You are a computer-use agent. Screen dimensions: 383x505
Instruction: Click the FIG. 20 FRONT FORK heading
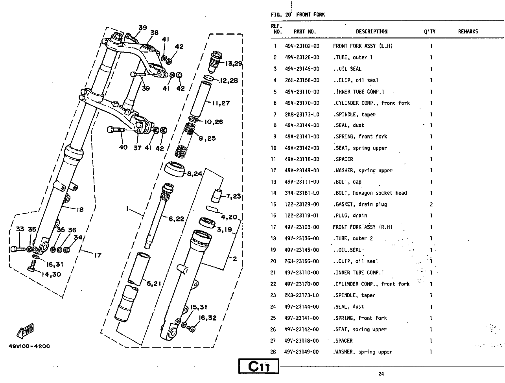[298, 15]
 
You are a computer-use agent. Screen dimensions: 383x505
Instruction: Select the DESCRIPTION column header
[371, 31]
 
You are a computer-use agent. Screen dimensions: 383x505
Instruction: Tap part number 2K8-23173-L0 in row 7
[302, 114]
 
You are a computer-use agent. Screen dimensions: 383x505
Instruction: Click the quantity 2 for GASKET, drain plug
[431, 204]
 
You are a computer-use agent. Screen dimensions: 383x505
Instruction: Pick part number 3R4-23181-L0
[302, 193]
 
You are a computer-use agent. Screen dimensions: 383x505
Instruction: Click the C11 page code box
[259, 366]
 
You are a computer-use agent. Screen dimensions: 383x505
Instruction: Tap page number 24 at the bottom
[381, 374]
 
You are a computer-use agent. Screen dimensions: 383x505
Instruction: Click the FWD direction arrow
[26, 331]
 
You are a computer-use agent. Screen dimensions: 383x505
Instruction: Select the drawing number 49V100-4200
[29, 346]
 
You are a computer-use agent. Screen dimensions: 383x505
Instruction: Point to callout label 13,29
[234, 63]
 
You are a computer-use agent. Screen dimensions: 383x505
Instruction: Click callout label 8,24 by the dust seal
[194, 173]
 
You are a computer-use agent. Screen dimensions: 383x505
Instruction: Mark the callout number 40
[123, 147]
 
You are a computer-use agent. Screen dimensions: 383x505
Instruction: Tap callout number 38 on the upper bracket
[154, 33]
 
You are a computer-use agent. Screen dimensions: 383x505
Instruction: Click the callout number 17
[97, 255]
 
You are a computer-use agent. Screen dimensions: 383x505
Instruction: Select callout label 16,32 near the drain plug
[208, 318]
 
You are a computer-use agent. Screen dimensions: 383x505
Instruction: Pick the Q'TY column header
[429, 31]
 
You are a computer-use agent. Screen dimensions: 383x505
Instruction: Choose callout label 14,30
[51, 274]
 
